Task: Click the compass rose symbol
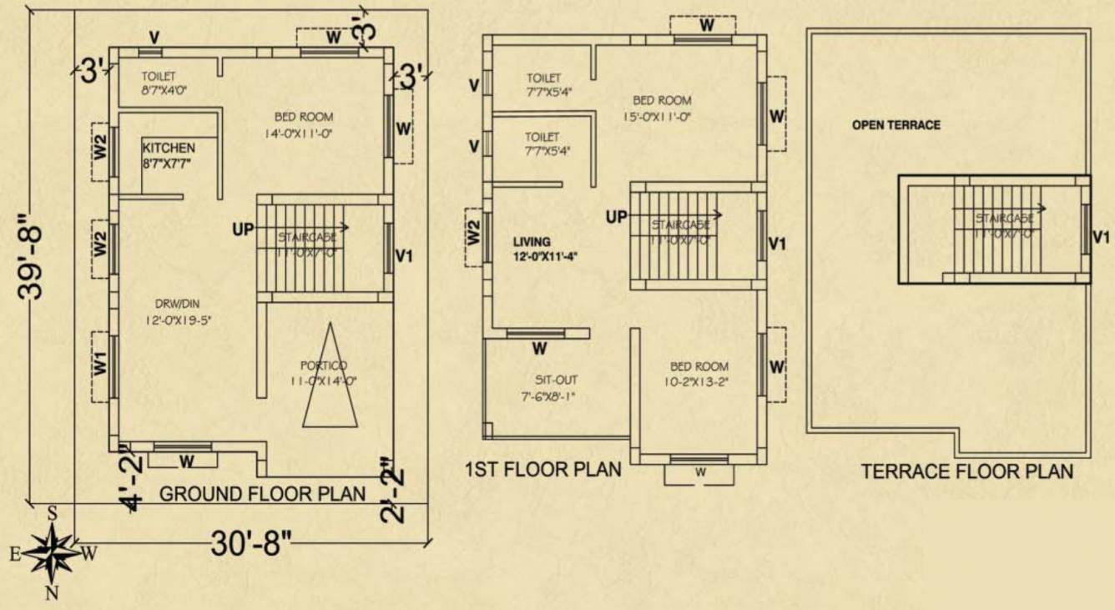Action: (x=52, y=553)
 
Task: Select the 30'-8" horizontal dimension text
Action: (x=250, y=546)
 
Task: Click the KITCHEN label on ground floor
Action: (x=168, y=148)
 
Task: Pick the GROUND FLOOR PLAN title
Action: (x=262, y=494)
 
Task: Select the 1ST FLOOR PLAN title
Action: (x=542, y=469)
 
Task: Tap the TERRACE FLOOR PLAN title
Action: (x=967, y=471)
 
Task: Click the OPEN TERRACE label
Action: (x=896, y=125)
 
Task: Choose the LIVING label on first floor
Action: (x=532, y=242)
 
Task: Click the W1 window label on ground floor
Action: (x=99, y=364)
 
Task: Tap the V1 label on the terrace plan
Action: (x=1102, y=238)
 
